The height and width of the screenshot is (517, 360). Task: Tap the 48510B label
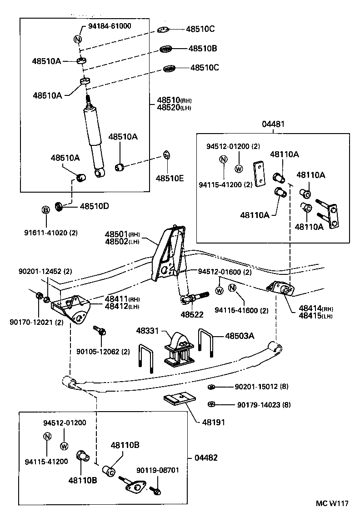203,48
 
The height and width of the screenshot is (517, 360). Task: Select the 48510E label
170,179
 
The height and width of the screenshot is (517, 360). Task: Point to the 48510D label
95,206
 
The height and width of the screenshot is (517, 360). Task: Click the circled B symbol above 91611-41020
45,209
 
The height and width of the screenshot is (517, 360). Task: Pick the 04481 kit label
272,124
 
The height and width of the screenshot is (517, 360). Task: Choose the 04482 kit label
206,457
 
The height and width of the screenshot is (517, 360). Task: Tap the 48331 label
146,331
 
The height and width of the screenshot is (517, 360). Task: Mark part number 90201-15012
255,387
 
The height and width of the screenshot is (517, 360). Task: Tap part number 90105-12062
103,352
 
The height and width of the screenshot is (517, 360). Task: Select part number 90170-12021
36,323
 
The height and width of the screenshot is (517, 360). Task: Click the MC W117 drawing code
332,504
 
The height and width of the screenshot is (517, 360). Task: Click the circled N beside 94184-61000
77,38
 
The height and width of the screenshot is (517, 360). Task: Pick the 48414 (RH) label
314,308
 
